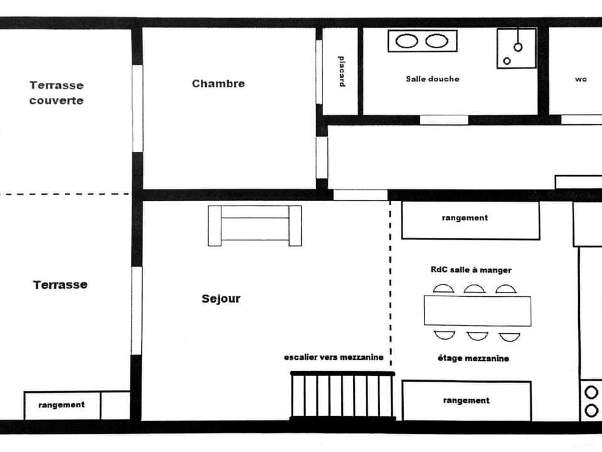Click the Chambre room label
coord(218,83)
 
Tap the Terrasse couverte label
coord(56,93)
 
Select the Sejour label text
coord(221,299)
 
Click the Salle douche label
coord(432,79)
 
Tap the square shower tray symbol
coord(517,48)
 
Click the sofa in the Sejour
coord(255,225)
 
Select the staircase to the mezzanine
coord(342,395)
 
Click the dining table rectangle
coord(477,311)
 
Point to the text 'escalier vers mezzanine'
coord(334,357)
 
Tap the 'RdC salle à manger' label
coord(470,270)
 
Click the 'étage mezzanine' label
coord(473,358)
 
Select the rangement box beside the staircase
coord(467,401)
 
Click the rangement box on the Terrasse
coord(61,405)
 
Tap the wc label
coord(581,80)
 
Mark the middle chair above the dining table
coord(474,289)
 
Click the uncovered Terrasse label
coord(60,285)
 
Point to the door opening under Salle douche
coord(443,120)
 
